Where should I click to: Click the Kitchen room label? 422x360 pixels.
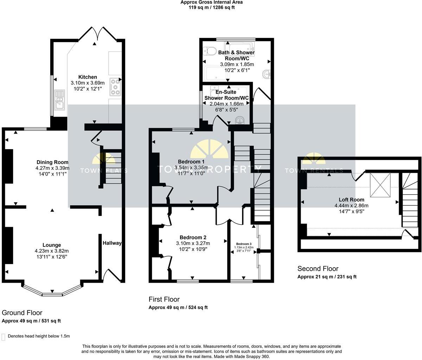(x=88, y=77)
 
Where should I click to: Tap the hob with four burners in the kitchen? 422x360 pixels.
(x=115, y=86)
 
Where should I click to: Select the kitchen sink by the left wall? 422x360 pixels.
(x=60, y=99)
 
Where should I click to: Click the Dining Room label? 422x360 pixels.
(x=52, y=162)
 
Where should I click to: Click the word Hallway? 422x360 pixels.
(x=112, y=243)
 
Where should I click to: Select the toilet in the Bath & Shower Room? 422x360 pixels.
(x=211, y=52)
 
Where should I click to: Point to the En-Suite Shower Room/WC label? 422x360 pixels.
(x=226, y=95)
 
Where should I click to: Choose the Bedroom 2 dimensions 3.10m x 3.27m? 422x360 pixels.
(x=193, y=243)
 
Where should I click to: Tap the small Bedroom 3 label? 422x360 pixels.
(x=244, y=244)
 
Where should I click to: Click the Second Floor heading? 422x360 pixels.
(x=318, y=269)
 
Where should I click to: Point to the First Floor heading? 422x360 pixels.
(x=164, y=299)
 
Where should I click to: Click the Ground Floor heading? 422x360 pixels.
(x=22, y=313)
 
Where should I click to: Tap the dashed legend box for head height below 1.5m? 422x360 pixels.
(x=4, y=336)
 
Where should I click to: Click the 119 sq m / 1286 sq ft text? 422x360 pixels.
(x=212, y=7)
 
